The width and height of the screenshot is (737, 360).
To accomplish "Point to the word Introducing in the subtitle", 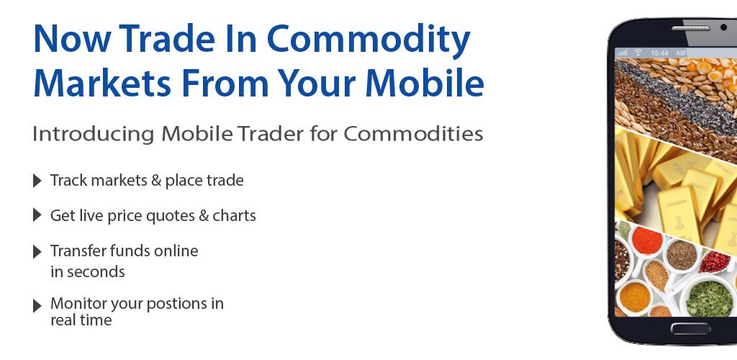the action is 93,135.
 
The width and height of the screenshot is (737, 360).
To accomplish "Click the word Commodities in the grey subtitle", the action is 413,133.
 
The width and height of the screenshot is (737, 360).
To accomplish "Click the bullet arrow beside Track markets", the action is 37,181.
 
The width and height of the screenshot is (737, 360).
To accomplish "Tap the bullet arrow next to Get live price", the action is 37,215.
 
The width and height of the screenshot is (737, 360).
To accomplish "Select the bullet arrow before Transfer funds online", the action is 37,251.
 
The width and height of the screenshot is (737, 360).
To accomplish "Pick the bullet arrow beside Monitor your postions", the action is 37,306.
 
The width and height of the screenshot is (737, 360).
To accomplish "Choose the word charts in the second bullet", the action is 234,216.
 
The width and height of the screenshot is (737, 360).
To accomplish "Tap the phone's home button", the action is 690,328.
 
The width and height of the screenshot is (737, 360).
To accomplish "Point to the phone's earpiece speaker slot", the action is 690,28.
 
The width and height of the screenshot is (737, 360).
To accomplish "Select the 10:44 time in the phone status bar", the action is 660,53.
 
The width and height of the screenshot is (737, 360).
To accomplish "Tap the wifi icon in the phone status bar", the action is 638,53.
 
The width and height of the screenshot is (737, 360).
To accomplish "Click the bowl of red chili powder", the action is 646,240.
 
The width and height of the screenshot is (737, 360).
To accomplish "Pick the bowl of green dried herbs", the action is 709,297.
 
